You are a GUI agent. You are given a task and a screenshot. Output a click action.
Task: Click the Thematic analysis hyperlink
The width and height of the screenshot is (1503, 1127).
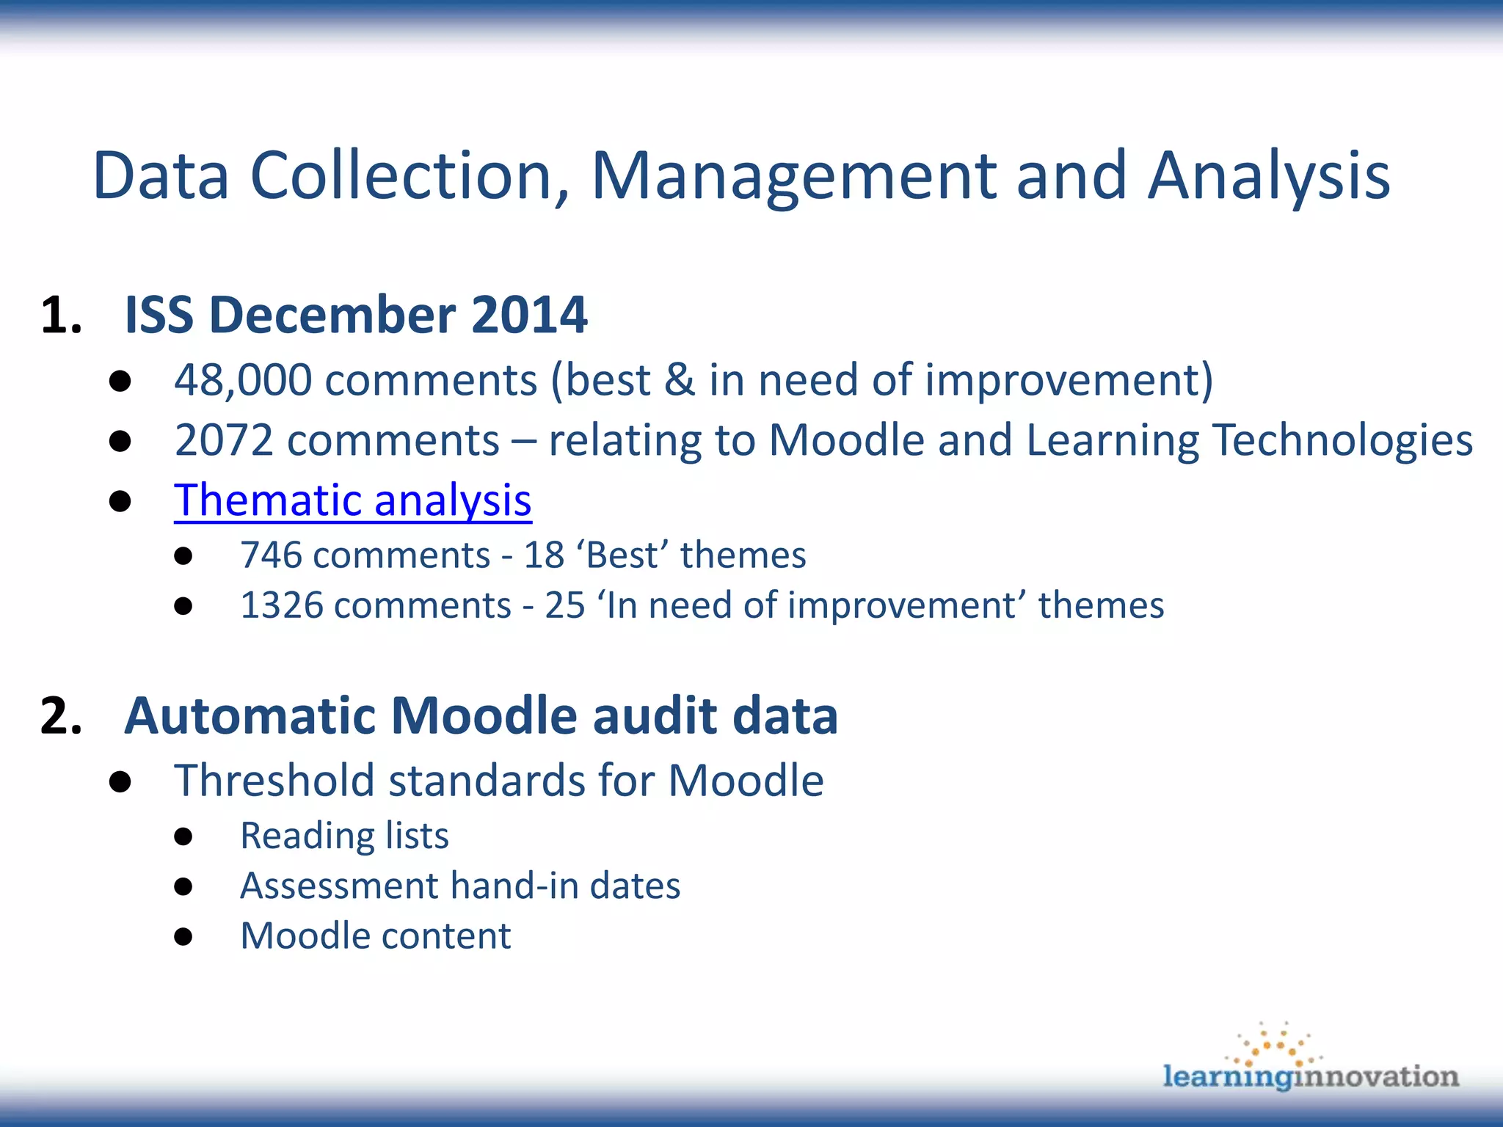pyautogui.click(x=352, y=500)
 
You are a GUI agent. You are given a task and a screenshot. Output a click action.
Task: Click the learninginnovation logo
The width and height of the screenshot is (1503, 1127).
pyautogui.click(x=1311, y=1061)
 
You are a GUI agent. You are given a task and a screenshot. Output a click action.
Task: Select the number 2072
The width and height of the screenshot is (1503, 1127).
pyautogui.click(x=224, y=440)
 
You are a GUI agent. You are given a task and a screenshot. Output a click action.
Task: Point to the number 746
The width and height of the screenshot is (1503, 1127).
pyautogui.click(x=271, y=555)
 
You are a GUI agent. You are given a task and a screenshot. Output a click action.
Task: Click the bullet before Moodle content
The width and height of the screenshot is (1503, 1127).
pyautogui.click(x=183, y=937)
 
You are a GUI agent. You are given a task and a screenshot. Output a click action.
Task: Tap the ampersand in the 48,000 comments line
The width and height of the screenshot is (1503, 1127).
pyautogui.click(x=680, y=380)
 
